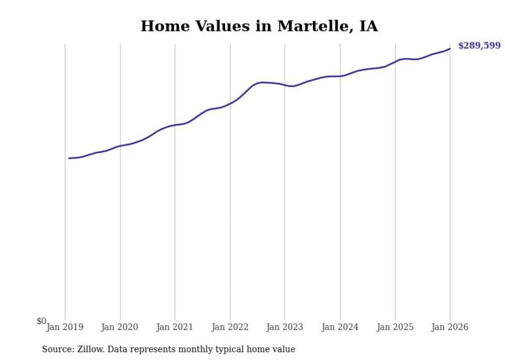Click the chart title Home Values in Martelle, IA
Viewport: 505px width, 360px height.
[259, 26]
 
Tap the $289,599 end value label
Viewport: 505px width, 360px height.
[479, 46]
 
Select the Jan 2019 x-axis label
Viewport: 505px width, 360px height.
[65, 327]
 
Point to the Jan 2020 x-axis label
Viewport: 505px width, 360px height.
[120, 327]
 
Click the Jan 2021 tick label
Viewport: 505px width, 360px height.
[175, 327]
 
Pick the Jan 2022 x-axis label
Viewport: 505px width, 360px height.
[230, 327]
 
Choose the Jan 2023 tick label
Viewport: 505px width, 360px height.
[285, 327]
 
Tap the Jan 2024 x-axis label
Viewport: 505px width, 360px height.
[340, 327]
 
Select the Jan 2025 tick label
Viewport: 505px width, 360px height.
[395, 327]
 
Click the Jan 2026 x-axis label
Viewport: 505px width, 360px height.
[450, 327]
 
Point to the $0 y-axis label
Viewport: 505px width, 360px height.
[41, 321]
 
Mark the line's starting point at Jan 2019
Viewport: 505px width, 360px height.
[69, 158]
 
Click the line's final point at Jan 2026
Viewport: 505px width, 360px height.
[450, 49]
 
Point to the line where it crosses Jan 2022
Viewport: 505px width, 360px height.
[230, 103]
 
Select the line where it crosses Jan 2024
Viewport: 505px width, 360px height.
[340, 76]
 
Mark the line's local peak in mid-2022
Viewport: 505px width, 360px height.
[262, 82]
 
